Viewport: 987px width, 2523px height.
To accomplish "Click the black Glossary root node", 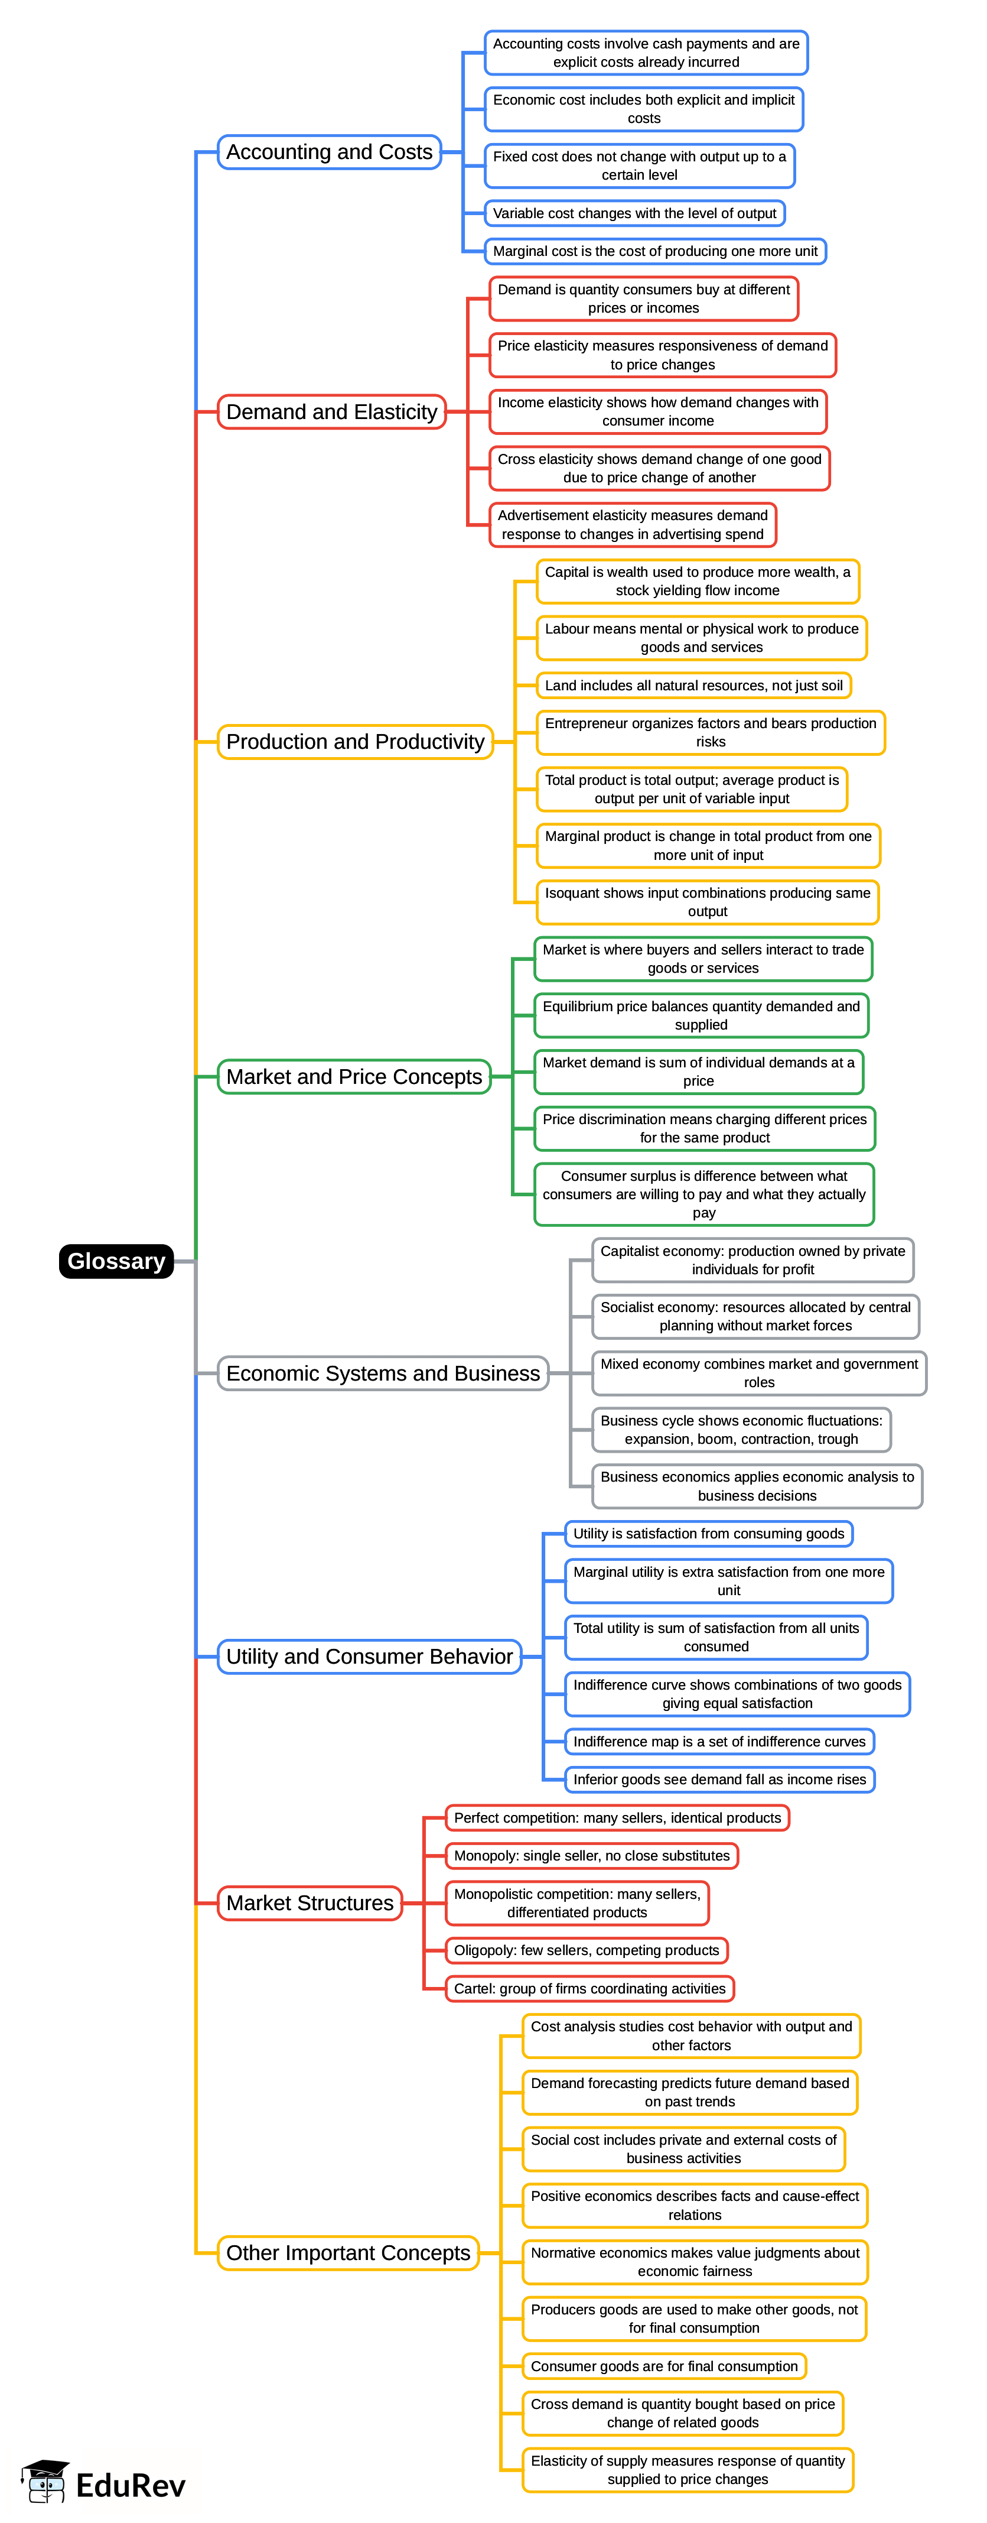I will [x=116, y=1261].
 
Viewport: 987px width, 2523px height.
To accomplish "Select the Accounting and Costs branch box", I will [x=329, y=152].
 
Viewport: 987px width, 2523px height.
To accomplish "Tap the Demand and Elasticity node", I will [x=331, y=411].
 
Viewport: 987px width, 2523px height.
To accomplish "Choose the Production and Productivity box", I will [x=354, y=742].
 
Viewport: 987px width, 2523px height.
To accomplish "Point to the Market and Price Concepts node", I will [x=353, y=1076].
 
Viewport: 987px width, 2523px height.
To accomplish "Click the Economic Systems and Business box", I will [x=382, y=1373].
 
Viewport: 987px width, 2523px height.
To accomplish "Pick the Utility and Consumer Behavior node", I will [x=369, y=1656].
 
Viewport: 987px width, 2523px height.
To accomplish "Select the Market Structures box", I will [x=310, y=1903].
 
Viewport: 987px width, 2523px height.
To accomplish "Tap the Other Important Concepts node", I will [x=347, y=2253].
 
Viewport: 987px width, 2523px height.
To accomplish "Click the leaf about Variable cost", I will [x=634, y=213].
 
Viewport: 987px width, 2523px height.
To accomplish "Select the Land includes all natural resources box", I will [x=693, y=686].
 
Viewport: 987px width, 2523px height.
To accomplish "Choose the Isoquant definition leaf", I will [x=707, y=902].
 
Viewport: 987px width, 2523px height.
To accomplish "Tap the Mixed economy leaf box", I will [x=759, y=1372].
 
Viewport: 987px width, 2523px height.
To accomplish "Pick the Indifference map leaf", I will [x=719, y=1742].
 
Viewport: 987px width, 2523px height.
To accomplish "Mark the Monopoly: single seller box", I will [x=591, y=1856].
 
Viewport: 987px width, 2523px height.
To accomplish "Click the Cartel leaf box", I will [x=589, y=1988].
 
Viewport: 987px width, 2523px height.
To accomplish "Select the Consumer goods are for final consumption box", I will [x=664, y=2366].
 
